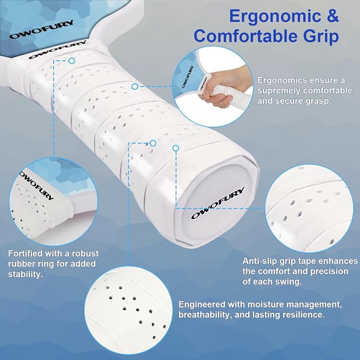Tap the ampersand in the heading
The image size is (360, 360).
coord(330,15)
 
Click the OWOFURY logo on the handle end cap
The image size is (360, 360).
coord(218,203)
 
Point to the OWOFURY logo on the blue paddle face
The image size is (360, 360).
coord(41,29)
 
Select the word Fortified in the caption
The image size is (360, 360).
coord(25,253)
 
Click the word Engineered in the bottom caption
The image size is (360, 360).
coord(202,305)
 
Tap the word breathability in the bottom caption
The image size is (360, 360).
coord(204,315)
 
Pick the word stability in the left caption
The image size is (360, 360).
coord(25,274)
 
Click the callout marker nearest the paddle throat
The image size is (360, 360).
coord(72,61)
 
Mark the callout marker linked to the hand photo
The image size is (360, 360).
coord(135,86)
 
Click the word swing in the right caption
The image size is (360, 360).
coord(288,282)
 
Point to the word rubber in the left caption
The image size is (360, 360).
coord(21,264)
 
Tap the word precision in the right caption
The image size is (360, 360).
coord(329,272)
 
